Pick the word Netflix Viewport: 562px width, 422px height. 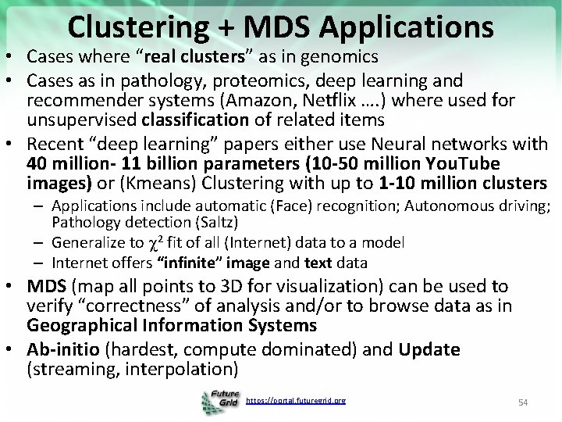(311, 100)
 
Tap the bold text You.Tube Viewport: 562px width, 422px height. (464, 164)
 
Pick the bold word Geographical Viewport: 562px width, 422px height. (91, 324)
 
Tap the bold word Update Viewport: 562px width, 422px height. (429, 349)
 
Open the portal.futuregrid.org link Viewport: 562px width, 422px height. (295, 400)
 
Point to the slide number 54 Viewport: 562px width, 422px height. (524, 402)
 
